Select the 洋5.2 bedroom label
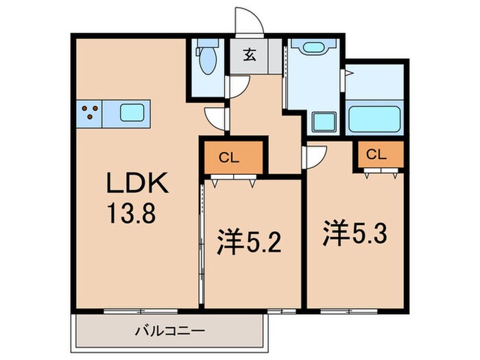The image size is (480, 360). [x=250, y=243]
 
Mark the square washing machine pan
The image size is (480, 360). [x=322, y=121]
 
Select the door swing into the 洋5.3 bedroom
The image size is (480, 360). [x=314, y=157]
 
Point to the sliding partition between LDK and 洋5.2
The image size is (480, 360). [x=202, y=240]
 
